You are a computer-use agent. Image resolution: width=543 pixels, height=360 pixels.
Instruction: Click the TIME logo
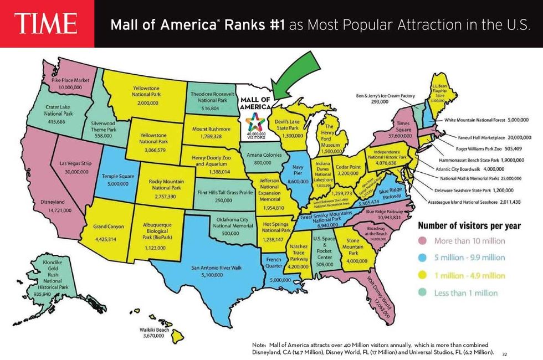(47, 24)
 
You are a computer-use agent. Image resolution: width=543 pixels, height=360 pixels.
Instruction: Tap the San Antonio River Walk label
(217, 268)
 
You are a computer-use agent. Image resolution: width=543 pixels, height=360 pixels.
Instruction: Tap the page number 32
(504, 353)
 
